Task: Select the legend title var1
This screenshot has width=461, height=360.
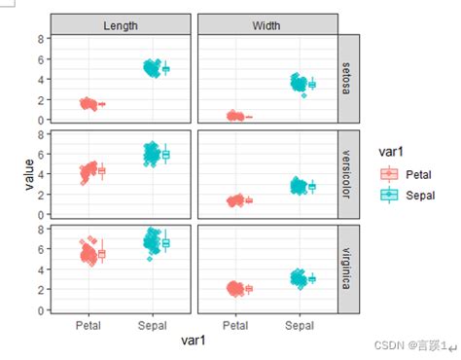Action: [389, 152]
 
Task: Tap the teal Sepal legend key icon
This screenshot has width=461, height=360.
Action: [389, 195]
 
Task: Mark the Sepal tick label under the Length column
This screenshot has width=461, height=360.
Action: [153, 325]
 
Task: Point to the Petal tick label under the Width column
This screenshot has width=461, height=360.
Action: [235, 325]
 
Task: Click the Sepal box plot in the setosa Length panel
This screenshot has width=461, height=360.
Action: [165, 69]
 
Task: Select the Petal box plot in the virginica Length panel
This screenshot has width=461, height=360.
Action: [102, 254]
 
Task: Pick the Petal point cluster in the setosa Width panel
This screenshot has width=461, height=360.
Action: [234, 116]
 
